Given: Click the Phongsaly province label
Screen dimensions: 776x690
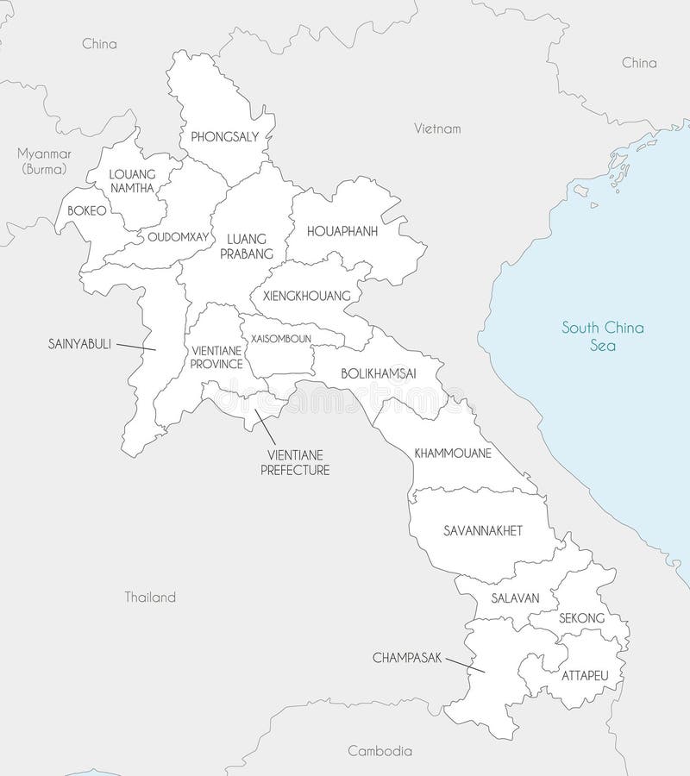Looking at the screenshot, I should click(x=224, y=136).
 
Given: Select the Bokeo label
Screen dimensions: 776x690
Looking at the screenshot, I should click(x=88, y=210).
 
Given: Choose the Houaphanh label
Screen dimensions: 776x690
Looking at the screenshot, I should click(x=343, y=230).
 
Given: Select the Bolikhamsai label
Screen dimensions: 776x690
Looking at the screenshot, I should click(x=379, y=373).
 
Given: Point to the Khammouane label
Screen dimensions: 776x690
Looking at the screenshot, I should click(x=453, y=452).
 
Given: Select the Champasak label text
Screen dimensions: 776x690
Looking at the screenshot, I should click(x=407, y=657).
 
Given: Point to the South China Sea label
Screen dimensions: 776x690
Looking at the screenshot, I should click(x=603, y=336).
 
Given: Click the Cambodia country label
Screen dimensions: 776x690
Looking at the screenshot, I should click(x=380, y=750).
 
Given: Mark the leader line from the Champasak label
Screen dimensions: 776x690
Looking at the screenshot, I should click(x=466, y=666).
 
